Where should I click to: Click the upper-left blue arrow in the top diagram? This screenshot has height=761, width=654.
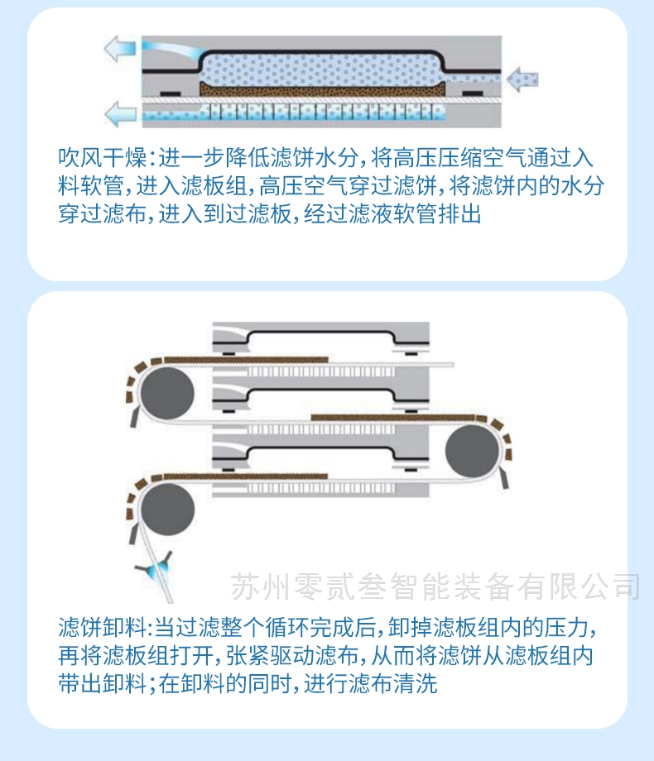[x=119, y=49]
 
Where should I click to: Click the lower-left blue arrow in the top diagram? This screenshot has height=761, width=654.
[x=121, y=114]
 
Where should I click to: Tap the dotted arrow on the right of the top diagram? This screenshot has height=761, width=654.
[x=522, y=79]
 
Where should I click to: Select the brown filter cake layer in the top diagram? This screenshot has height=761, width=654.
[x=322, y=89]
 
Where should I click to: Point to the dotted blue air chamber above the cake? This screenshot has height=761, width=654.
[x=322, y=69]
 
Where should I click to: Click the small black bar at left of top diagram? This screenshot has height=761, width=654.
[x=170, y=93]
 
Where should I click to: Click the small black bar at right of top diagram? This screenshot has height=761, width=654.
[x=472, y=93]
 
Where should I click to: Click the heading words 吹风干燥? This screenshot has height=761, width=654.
[x=102, y=158]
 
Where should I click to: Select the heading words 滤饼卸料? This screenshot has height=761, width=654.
[x=102, y=628]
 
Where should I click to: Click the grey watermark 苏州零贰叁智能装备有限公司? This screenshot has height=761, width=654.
[x=435, y=586]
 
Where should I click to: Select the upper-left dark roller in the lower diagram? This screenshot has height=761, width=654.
[x=167, y=394]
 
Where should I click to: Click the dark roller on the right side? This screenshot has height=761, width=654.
[x=472, y=451]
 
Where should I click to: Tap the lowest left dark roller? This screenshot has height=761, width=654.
[x=167, y=509]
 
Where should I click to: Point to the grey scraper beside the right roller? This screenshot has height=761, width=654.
[x=503, y=479]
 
